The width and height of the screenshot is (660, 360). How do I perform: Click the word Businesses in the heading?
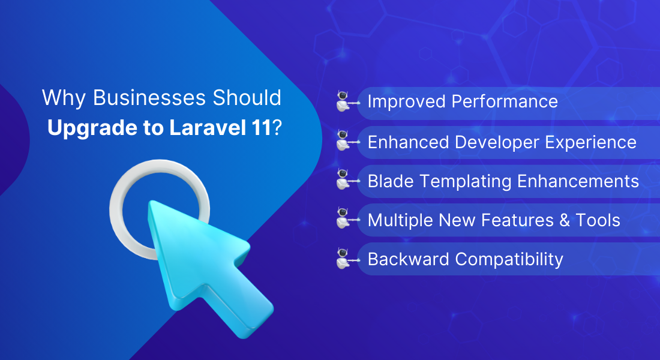coord(149,98)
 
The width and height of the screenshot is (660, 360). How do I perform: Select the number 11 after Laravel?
coord(261,128)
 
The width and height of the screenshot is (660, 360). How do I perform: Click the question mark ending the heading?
coord(277,128)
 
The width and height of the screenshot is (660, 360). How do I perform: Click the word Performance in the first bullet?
coord(505,101)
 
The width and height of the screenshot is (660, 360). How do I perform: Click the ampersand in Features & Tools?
coord(565,220)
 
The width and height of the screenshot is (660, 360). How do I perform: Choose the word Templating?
coord(466,182)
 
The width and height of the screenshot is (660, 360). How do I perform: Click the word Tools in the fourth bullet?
coord(598,220)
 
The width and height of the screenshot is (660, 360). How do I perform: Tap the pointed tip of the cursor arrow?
coord(150,203)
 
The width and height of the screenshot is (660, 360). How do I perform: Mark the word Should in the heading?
coord(247,98)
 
